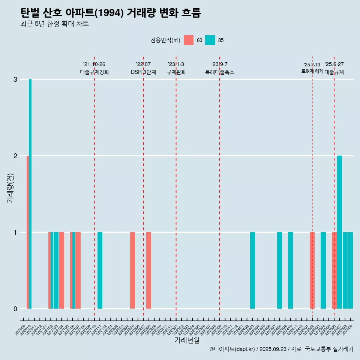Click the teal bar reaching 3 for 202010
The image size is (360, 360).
pyautogui.click(x=30, y=193)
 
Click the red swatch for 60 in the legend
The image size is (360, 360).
pyautogui.click(x=189, y=40)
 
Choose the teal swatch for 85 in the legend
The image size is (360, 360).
pyautogui.click(x=210, y=40)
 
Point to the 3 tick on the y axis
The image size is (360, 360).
pyautogui.click(x=15, y=79)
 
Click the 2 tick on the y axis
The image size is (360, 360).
pyautogui.click(x=15, y=156)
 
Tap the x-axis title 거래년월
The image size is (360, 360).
pyautogui.click(x=187, y=340)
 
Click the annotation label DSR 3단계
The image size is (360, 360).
pyautogui.click(x=143, y=72)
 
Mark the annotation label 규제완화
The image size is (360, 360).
pyautogui.click(x=176, y=72)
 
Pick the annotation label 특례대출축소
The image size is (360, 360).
pyautogui.click(x=219, y=72)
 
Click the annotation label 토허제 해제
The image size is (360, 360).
pyautogui.click(x=312, y=71)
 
